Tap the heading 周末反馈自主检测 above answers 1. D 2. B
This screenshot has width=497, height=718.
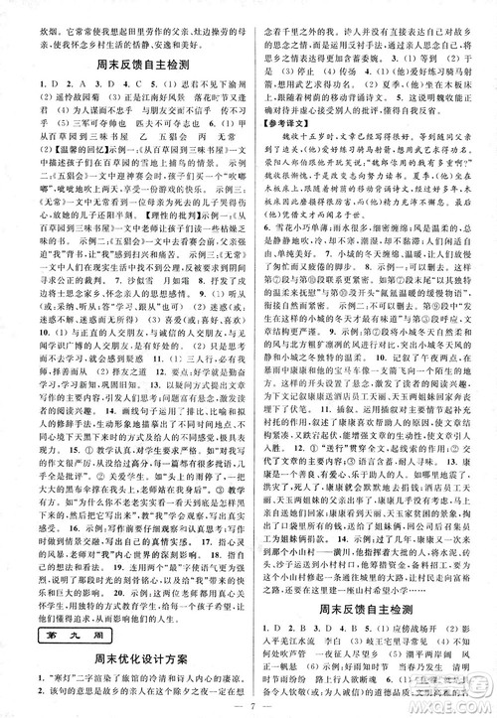coord(371,624)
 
